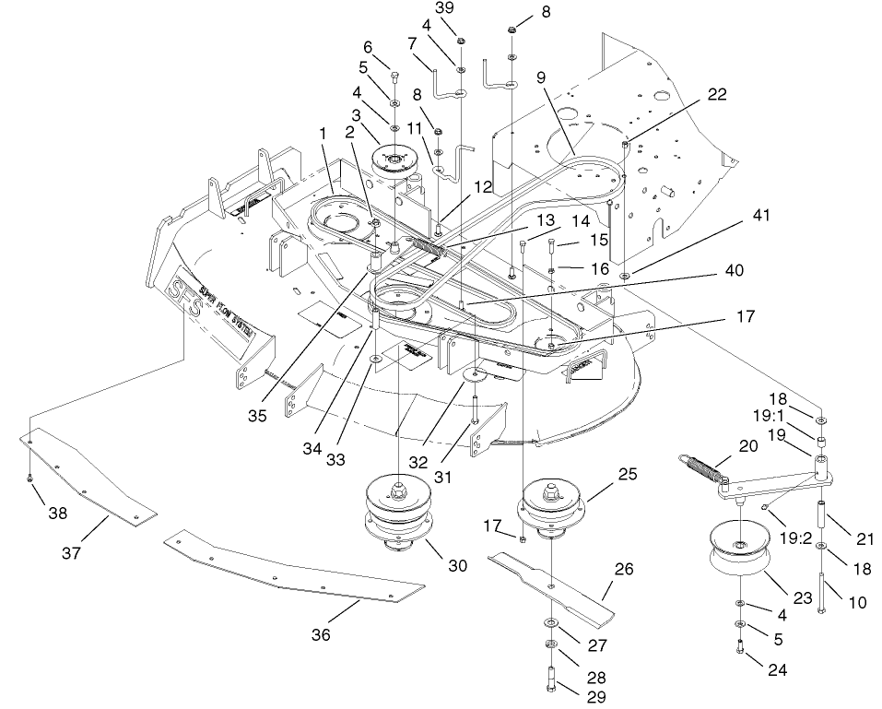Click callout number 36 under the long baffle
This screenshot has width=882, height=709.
(x=322, y=635)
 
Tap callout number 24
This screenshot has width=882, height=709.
(x=777, y=670)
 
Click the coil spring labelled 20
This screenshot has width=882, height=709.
(x=705, y=467)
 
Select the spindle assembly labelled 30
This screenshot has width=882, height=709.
(x=398, y=519)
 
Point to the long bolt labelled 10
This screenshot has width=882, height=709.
(x=820, y=590)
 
